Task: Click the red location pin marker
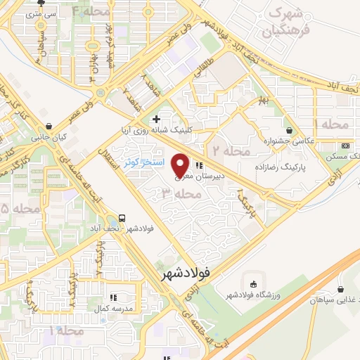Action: (180, 165)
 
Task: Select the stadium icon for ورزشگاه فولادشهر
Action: (253, 283)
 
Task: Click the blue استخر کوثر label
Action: (144, 162)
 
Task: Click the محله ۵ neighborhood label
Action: (14, 209)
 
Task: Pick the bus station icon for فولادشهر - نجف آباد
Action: (123, 217)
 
